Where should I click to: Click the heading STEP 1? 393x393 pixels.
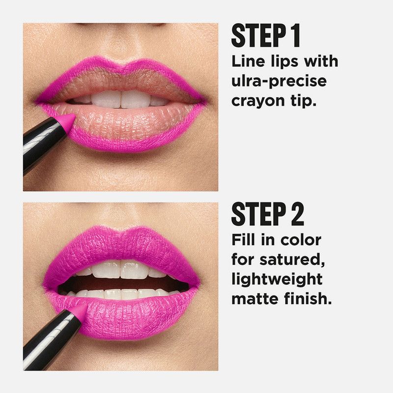pyautogui.click(x=266, y=35)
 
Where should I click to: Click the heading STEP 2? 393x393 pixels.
pyautogui.click(x=268, y=214)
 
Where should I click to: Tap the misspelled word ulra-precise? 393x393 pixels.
pyautogui.click(x=279, y=82)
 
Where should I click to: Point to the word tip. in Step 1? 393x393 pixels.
pyautogui.click(x=303, y=100)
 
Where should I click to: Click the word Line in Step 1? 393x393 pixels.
pyautogui.click(x=248, y=61)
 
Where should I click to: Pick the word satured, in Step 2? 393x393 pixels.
pyautogui.click(x=292, y=260)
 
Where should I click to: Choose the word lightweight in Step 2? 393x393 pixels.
pyautogui.click(x=277, y=280)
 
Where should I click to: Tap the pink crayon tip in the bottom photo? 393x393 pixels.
pyautogui.click(x=79, y=310)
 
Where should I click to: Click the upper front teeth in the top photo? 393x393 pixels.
pyautogui.click(x=120, y=99)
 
